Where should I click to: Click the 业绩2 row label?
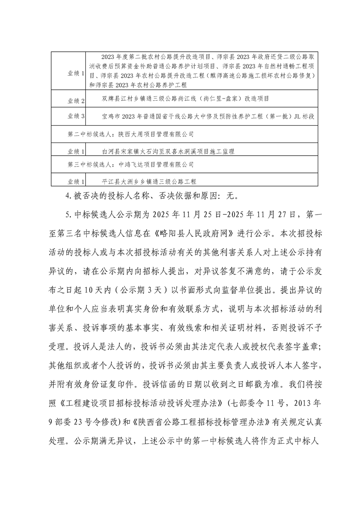point(76,100)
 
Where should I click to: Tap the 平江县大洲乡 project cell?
point(149,181)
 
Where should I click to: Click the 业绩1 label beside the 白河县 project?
point(76,151)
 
